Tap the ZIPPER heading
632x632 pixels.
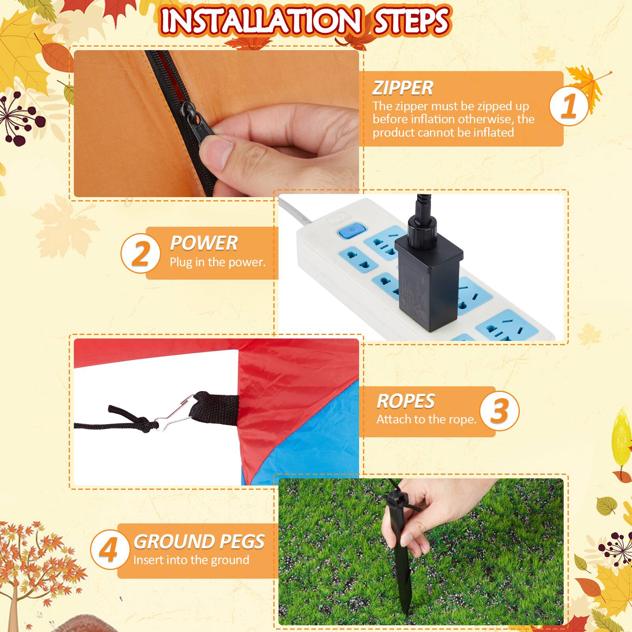[x=403, y=88]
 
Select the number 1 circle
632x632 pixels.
[x=569, y=106]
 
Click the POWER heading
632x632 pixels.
[x=203, y=243]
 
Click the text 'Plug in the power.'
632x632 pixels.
[x=218, y=262]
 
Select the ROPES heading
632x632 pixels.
[x=405, y=401]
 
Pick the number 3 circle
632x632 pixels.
[x=499, y=411]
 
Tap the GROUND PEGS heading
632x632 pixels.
[x=199, y=542]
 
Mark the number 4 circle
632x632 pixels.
[x=109, y=550]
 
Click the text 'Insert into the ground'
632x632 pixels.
[x=191, y=560]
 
